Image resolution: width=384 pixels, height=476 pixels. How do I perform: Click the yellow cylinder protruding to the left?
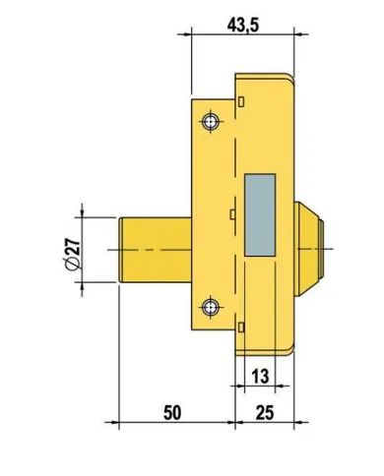click(154, 251)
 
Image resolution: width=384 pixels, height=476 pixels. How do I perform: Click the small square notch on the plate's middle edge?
click(228, 211)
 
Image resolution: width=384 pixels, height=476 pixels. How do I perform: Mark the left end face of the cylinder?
click(118, 251)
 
